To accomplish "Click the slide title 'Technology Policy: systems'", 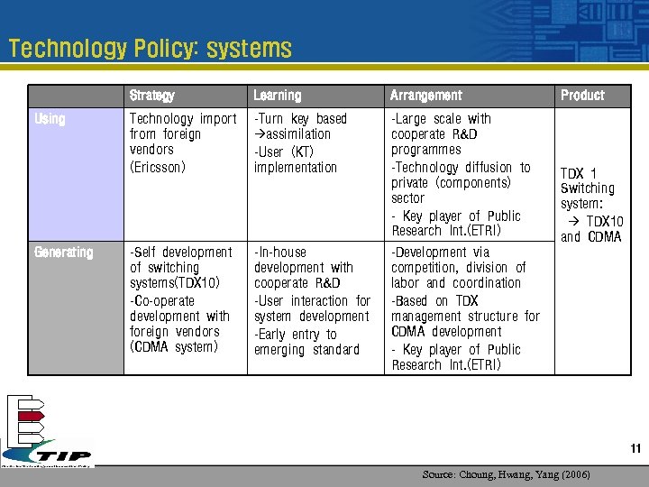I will pos(150,49).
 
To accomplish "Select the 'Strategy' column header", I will pos(151,96).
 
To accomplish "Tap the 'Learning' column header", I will pos(278,96).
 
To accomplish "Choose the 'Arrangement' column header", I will pos(425,96).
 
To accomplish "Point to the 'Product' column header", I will pos(582,96).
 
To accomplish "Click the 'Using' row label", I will pos(50,119).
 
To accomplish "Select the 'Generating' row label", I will pos(63,253).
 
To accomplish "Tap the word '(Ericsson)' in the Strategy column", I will pos(158,167).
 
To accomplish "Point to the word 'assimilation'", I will pos(297,134).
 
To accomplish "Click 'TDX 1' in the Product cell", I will pos(578,173).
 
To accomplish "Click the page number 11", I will pos(635,449).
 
